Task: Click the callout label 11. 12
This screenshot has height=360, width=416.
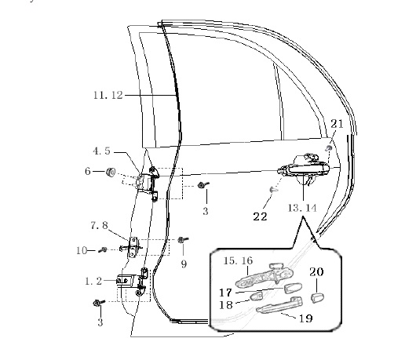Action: tap(108, 95)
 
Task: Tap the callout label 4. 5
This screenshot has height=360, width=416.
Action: tap(101, 151)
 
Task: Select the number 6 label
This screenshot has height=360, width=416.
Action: tap(88, 171)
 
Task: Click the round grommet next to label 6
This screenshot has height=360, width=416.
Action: tap(111, 172)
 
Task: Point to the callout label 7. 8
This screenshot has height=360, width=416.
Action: tap(99, 226)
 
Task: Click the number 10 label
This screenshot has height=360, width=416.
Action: tap(82, 250)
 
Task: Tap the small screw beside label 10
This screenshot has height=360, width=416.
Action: tap(103, 249)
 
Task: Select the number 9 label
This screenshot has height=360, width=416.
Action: tap(184, 264)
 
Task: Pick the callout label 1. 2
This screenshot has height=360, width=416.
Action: tap(93, 282)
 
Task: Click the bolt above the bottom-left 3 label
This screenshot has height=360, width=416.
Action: tap(99, 303)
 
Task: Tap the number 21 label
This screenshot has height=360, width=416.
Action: tap(337, 124)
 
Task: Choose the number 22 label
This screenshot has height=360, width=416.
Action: tap(260, 216)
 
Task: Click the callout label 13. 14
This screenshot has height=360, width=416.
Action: tap(302, 208)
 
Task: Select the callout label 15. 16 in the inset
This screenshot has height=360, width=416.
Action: tap(238, 261)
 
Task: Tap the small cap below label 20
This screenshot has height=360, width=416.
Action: tap(317, 298)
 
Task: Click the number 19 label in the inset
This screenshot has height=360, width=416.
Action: tap(306, 318)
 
